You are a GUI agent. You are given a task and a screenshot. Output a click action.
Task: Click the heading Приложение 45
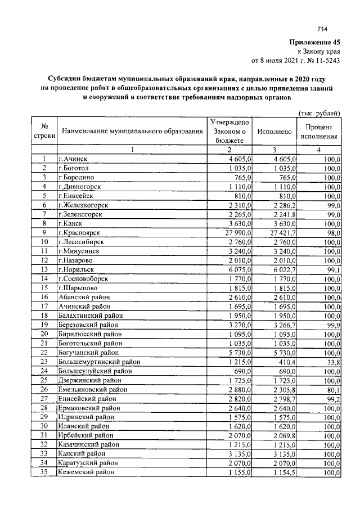tap(315, 42)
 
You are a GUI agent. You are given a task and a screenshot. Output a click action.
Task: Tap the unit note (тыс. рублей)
tap(319, 112)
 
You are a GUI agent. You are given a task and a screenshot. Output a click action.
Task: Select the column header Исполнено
tap(274, 132)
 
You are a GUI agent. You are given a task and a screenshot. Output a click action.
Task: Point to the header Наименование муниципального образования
tap(132, 132)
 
